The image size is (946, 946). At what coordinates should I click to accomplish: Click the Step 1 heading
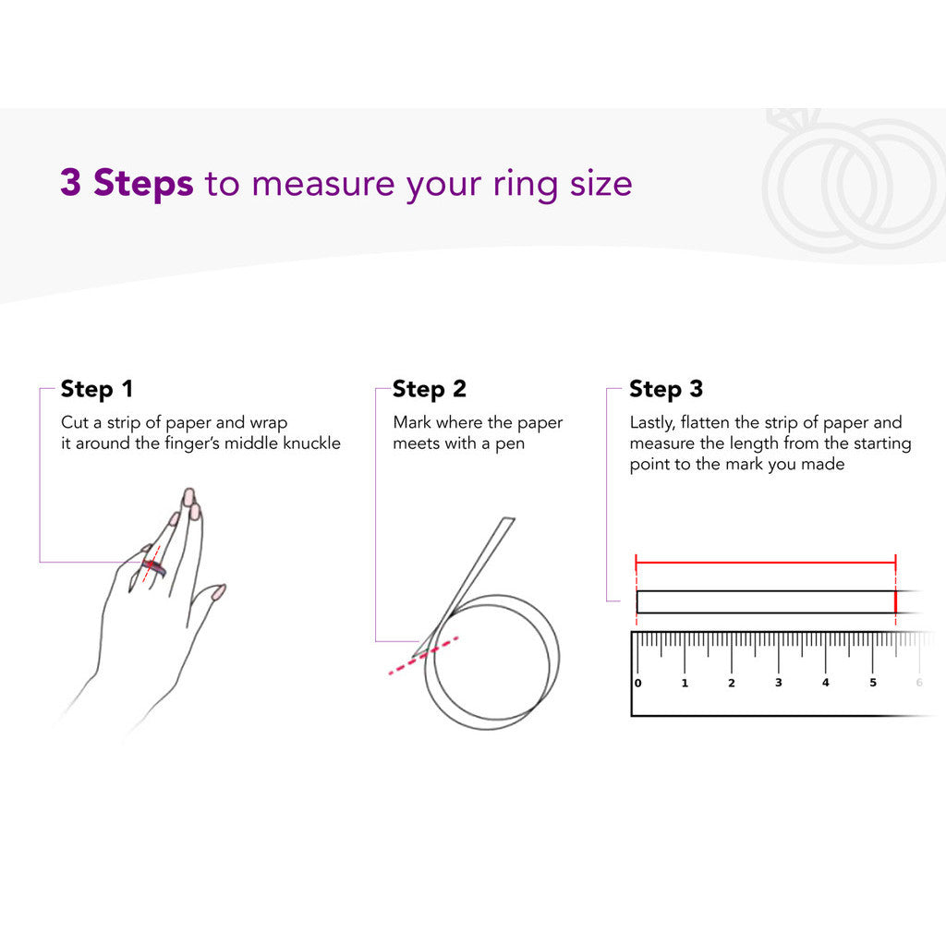click(x=96, y=390)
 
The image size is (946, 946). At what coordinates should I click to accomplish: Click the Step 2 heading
click(x=429, y=390)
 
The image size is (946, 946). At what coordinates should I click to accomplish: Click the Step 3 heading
click(x=666, y=390)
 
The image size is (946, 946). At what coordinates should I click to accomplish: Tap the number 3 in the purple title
click(x=70, y=182)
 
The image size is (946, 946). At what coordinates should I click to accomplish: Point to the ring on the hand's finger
click(x=154, y=567)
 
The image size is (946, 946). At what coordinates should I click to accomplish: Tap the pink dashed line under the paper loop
click(x=423, y=655)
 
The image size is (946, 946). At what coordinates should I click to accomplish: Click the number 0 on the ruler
click(x=637, y=683)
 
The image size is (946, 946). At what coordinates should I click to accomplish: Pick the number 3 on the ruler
click(x=778, y=683)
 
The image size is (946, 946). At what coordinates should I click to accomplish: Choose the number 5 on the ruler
click(x=872, y=683)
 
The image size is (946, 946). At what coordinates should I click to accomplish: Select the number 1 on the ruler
click(x=685, y=683)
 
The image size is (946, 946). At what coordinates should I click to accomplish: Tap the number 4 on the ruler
click(x=825, y=683)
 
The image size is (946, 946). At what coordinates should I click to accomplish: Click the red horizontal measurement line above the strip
click(x=766, y=563)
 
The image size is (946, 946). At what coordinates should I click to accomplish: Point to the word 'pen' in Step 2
click(x=510, y=444)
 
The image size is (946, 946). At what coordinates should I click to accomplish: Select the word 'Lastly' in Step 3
click(x=651, y=423)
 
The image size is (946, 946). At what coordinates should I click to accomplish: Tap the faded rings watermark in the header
click(x=852, y=181)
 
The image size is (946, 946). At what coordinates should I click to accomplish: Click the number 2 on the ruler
click(x=732, y=683)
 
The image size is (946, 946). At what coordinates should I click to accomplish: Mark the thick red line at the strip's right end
click(x=895, y=601)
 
